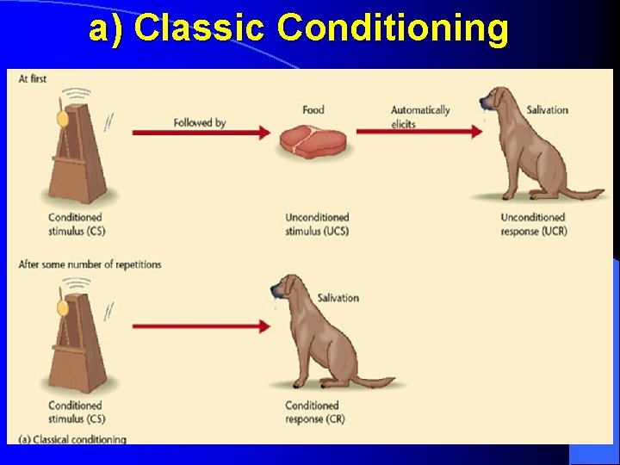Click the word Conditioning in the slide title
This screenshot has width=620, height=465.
click(x=393, y=28)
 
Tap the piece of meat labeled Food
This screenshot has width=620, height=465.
click(x=312, y=140)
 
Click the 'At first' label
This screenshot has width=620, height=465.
click(x=33, y=79)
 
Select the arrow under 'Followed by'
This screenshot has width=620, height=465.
click(x=201, y=133)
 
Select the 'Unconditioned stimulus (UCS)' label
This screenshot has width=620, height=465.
click(x=317, y=224)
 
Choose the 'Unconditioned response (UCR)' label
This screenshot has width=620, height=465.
click(x=533, y=224)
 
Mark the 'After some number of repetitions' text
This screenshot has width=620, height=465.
click(x=90, y=264)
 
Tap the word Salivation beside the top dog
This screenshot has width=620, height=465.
click(x=547, y=110)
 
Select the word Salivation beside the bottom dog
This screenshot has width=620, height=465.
click(x=338, y=298)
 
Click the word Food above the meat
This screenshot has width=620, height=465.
click(x=313, y=110)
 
